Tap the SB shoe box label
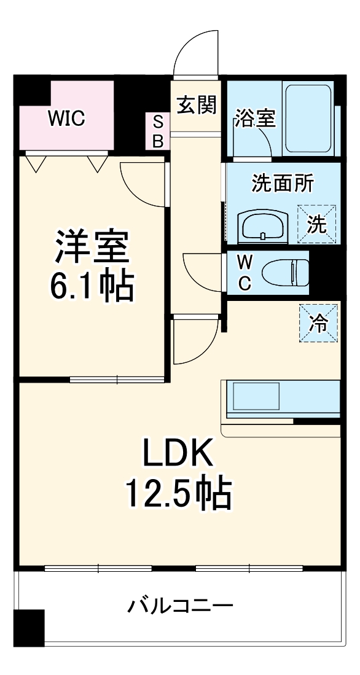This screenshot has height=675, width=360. pos(158,132)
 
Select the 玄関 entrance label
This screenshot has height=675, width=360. pos(197,106)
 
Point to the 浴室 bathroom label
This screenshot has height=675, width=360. pos(254,119)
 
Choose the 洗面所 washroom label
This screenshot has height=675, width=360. pos(283,183)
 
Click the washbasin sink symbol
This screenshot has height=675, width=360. pos(263,226)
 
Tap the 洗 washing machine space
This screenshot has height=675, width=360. pos(317,224)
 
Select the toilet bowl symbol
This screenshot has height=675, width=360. pos(285,271)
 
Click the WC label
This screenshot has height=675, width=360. pos(244,273)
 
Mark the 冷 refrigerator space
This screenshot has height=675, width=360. pos(318,323)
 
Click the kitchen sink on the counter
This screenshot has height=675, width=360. pos(254,397)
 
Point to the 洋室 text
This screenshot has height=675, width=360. pos(92,246)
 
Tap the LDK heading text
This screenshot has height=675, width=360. pos(178,455)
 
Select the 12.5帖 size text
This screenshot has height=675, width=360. pos(178,494)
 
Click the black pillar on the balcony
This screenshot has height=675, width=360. pos(29,628)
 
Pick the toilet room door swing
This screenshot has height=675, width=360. pos(202,270)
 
